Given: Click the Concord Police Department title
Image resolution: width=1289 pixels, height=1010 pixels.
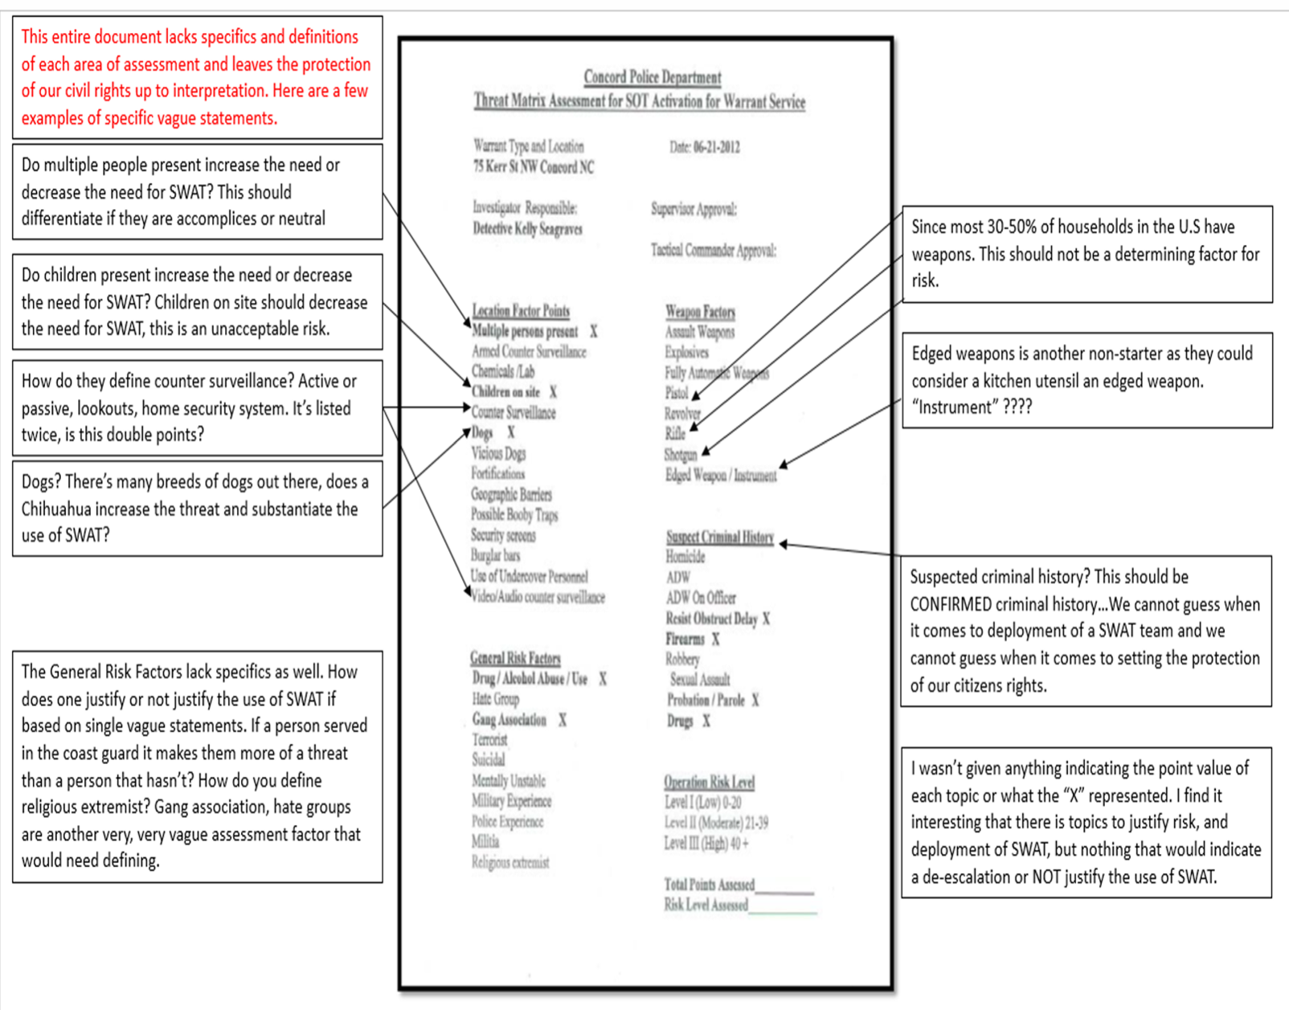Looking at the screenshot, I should tap(652, 77).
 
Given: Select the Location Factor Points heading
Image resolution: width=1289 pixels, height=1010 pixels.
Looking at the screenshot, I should tap(521, 311).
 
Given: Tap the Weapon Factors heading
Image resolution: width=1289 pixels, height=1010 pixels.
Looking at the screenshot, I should tap(700, 312).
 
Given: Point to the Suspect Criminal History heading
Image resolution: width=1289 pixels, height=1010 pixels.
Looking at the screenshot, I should tap(719, 537).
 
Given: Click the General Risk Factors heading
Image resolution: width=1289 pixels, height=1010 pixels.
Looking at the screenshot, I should tap(515, 658).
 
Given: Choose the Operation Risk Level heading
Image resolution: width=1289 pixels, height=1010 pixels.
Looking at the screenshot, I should tap(709, 782).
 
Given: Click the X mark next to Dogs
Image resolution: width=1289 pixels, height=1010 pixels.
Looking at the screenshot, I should tap(510, 432).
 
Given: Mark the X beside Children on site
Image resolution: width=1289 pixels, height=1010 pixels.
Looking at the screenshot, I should tap(553, 392).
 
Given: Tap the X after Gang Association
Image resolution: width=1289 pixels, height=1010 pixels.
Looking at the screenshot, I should tap(563, 720).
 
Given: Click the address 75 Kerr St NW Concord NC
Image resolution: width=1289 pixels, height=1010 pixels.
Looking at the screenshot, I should tap(533, 167).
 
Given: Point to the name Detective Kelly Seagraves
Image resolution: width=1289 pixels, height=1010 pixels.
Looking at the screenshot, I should tap(527, 229).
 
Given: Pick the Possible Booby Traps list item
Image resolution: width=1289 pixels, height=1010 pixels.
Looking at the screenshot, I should tap(514, 515).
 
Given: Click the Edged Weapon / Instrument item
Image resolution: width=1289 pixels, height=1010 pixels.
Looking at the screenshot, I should tap(721, 475).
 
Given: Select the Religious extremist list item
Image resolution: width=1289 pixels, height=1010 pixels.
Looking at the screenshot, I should tap(510, 863).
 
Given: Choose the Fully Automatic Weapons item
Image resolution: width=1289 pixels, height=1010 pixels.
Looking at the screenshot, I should tap(716, 373).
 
